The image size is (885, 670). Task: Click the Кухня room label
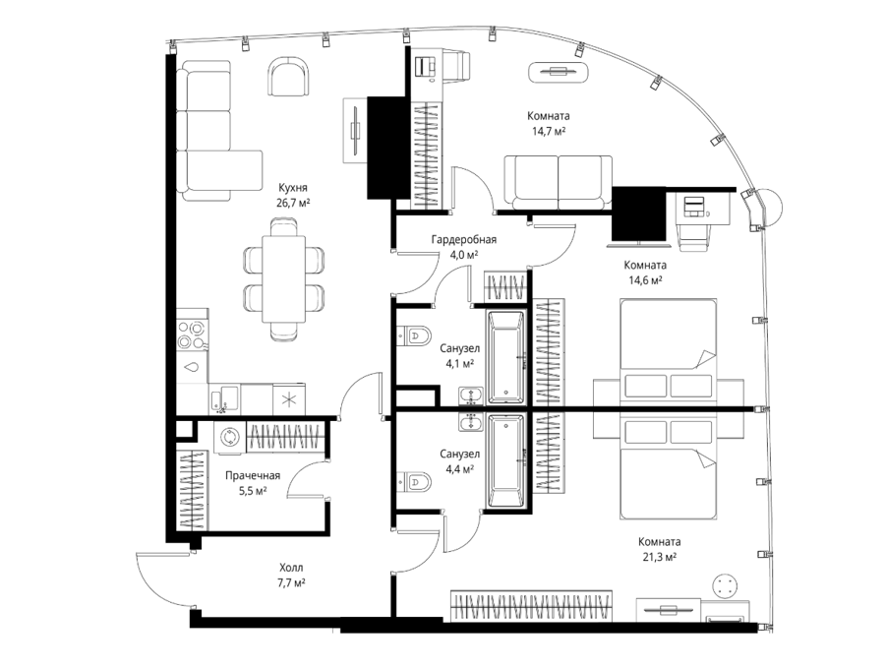(x=292, y=188)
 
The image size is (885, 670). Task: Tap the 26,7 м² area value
(x=293, y=203)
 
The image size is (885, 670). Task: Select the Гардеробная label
(x=464, y=239)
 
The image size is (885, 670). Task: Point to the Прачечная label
(x=253, y=475)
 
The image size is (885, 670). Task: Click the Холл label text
(x=291, y=568)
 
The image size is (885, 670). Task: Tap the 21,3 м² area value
(x=660, y=557)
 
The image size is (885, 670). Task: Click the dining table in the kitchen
(x=283, y=279)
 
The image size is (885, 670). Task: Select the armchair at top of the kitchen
(x=289, y=77)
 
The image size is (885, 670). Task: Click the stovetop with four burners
(x=192, y=335)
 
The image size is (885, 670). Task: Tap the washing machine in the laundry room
(x=230, y=438)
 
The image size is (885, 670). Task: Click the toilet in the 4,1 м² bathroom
(x=414, y=335)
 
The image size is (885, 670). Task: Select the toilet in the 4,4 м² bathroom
(x=414, y=482)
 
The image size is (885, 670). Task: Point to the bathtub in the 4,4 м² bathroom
(x=507, y=461)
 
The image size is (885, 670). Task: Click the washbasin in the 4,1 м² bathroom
(x=471, y=396)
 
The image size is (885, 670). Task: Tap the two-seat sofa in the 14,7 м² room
(x=558, y=182)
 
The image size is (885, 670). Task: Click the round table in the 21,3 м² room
(x=726, y=585)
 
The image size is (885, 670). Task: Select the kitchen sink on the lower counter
(x=224, y=399)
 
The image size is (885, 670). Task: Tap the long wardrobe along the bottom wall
(x=531, y=606)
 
